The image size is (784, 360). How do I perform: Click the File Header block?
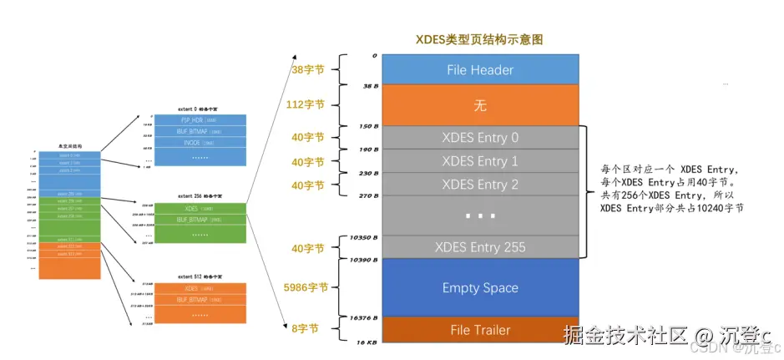coord(479,70)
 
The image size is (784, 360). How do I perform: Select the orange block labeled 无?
coord(479,106)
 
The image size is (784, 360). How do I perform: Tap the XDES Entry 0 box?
coord(479,138)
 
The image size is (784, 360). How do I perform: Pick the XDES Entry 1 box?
coord(479,161)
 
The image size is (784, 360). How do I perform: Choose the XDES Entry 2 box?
coord(479,184)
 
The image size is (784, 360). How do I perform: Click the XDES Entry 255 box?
coord(479,247)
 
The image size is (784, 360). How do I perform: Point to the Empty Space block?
coord(479,288)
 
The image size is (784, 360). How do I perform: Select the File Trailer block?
coord(479,330)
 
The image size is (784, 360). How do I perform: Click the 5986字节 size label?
coord(305,286)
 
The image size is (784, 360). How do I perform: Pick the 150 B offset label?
coord(368,127)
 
